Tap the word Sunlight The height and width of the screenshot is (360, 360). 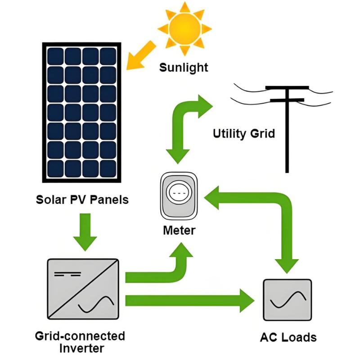[x=184, y=68]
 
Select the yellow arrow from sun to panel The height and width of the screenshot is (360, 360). [x=140, y=55]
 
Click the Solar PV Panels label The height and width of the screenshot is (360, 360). [x=82, y=199]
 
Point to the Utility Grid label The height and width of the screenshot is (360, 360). [x=243, y=134]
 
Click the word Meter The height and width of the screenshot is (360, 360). [x=179, y=231]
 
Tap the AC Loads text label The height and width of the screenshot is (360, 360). [x=288, y=337]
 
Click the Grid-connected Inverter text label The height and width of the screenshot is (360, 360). [x=80, y=342]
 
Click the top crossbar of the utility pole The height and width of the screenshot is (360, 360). [x=287, y=87]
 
